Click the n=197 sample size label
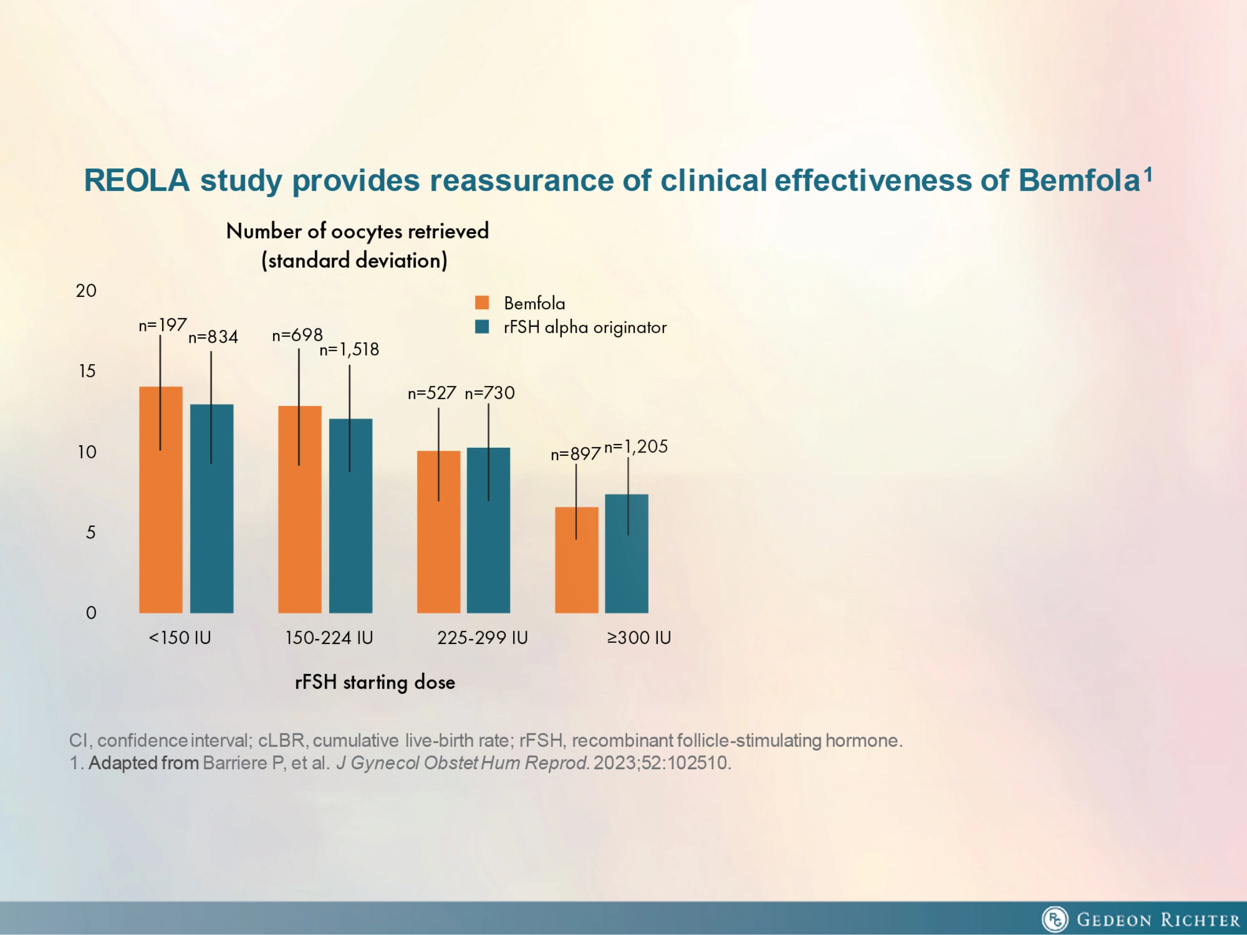pos(162,325)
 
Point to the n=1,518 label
pos(349,350)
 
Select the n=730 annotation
pos(489,393)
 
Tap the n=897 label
pos(575,454)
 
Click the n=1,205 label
pos(635,447)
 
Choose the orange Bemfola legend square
pos(482,303)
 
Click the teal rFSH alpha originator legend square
pos(482,327)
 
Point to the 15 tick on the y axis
pos(87,371)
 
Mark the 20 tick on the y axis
pos(86,291)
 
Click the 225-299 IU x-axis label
pos(483,638)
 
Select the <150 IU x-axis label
pos(180,638)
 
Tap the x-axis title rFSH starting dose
pos(375,682)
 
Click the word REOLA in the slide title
pos(137,181)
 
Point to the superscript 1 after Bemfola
pos(1148,174)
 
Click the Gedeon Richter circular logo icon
pos(1054,919)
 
